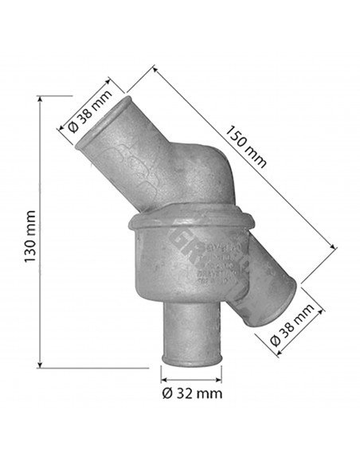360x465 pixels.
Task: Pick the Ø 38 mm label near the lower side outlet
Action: point(292,326)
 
